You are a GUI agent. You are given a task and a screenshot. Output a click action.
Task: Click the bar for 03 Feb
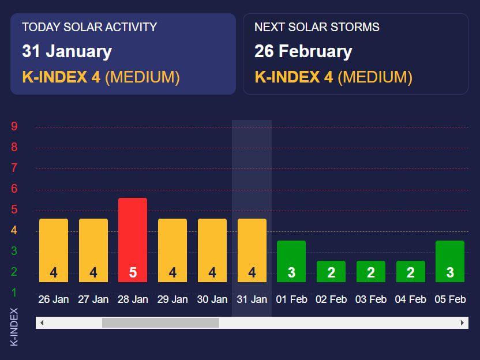point(370,271)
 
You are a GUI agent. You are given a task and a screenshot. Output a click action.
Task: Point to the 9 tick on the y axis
point(14,127)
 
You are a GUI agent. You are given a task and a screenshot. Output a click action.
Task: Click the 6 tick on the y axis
point(14,189)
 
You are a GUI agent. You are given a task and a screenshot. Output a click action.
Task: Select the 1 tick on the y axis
point(14,292)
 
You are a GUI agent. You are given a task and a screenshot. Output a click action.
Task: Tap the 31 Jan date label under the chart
point(252,299)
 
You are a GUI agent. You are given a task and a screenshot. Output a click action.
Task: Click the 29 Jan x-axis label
point(172,299)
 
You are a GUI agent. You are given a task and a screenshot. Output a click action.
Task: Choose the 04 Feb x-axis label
point(410,299)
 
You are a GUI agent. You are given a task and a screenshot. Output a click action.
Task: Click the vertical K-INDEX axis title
point(14,327)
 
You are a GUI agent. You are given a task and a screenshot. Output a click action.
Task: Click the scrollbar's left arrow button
point(42,323)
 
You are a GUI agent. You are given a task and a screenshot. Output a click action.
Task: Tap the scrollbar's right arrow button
point(462,323)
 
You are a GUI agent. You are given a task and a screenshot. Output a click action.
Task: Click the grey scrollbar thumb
point(160,323)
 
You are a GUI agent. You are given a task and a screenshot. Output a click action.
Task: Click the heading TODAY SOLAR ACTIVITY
point(89,27)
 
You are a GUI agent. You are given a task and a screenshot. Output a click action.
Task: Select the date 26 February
point(303,51)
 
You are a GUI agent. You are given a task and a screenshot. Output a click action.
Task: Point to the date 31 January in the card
point(67,51)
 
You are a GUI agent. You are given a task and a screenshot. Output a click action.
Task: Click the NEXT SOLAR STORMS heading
point(317,27)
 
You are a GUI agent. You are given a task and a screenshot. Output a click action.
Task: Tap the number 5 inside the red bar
point(133,272)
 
